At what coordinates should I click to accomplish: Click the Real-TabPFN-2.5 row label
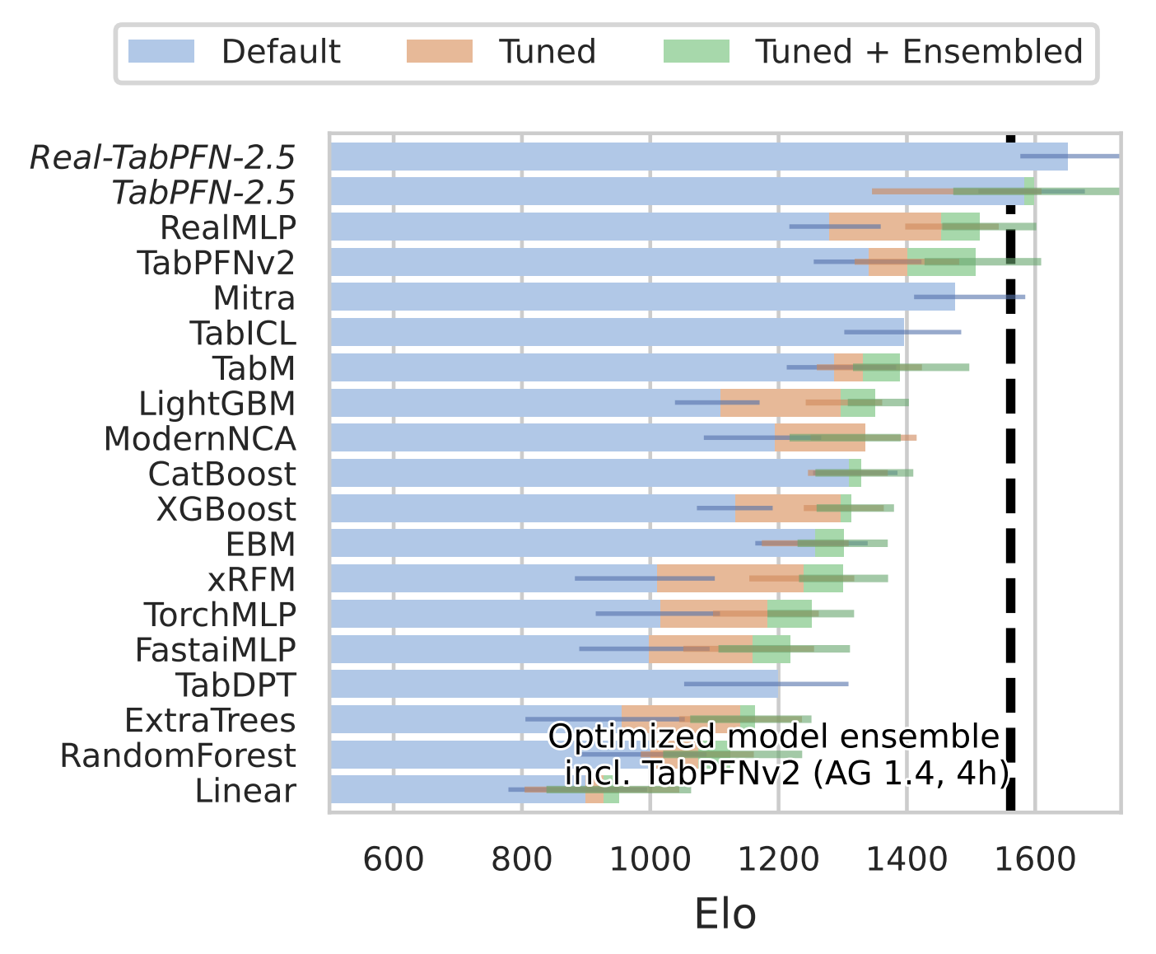coord(162,157)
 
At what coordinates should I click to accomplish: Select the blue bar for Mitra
coord(642,297)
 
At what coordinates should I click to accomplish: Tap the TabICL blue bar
coord(618,332)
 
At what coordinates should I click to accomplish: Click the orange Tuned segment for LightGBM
coord(781,403)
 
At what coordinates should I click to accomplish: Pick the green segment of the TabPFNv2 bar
coord(941,262)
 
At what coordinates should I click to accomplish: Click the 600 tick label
coord(394,859)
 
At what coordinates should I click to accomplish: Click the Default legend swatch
coord(161,51)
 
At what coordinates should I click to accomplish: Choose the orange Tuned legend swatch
coord(439,51)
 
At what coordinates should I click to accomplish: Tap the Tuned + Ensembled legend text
coord(919,51)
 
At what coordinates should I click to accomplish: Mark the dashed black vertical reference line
coord(1010,494)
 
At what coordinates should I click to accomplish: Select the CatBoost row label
coord(221,474)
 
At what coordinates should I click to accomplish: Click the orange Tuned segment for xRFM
coord(729,578)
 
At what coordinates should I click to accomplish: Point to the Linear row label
coord(245,791)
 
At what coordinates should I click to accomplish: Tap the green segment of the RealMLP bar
coord(960,227)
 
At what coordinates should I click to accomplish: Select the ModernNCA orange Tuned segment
coord(820,438)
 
